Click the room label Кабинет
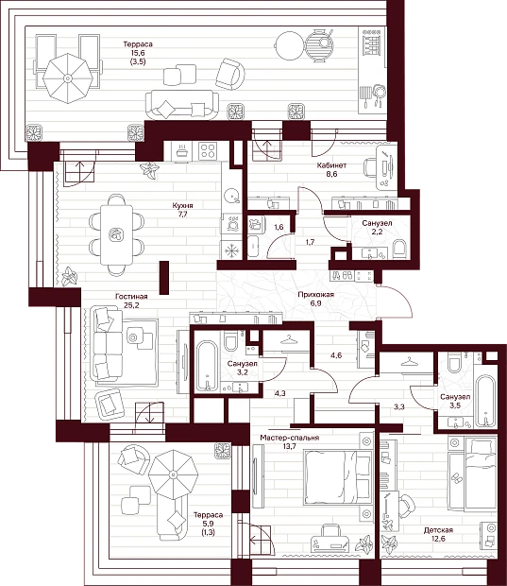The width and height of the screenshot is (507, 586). coord(331,164)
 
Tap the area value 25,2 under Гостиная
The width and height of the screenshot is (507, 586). coord(131,305)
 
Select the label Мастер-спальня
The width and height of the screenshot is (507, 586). coord(290,438)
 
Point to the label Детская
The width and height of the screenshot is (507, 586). coord(438,530)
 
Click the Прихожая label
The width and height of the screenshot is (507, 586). coord(316,295)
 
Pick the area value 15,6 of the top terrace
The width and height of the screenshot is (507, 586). coord(138,53)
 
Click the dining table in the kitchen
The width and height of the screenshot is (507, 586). coord(116,234)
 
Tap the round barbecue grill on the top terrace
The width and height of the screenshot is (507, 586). coord(319,44)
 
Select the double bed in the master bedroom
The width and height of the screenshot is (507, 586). coord(338,477)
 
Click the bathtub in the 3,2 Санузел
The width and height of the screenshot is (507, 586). coord(206,365)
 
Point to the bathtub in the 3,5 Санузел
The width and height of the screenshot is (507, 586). coord(485,401)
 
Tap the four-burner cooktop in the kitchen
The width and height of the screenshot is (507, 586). coord(207,151)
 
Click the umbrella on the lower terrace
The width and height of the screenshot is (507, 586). coord(173,474)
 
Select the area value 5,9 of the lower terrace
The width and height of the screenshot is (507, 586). coord(208,524)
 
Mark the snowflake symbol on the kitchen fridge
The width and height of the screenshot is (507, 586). coord(231,250)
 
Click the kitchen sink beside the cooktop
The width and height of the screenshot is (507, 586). coord(181,151)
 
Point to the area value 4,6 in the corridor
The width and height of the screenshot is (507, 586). coord(336,355)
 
